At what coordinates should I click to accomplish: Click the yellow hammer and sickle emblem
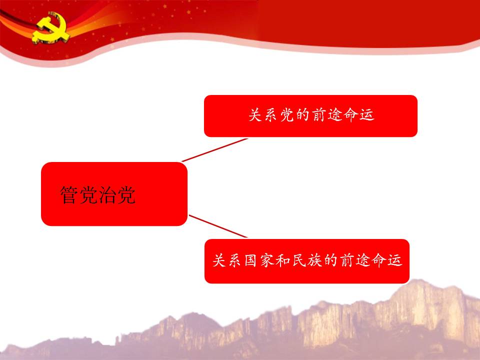(x=51, y=27)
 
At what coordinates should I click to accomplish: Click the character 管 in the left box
(x=69, y=194)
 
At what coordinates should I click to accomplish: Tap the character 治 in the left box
(x=107, y=194)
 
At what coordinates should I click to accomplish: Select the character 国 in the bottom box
(x=250, y=260)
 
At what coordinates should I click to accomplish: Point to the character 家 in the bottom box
(x=266, y=260)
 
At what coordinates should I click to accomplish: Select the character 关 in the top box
(x=255, y=115)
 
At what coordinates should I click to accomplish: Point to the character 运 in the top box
(x=366, y=115)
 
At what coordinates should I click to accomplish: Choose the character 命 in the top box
(x=351, y=115)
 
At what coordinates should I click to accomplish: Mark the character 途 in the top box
(x=334, y=115)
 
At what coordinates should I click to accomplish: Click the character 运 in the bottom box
(x=394, y=260)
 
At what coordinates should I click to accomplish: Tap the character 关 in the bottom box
(x=219, y=260)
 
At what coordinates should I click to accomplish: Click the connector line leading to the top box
(x=214, y=149)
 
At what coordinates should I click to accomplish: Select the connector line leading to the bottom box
(x=218, y=226)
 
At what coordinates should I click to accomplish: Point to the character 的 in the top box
(x=303, y=115)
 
